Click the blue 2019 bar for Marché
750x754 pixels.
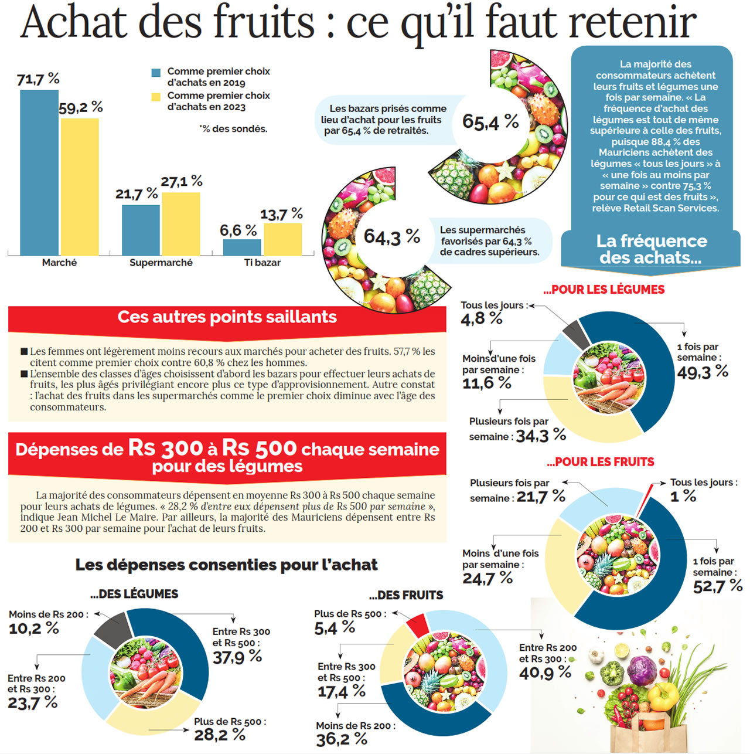39,172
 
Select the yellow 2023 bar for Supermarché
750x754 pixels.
181,223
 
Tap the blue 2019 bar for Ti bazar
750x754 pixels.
242,247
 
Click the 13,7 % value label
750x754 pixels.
281,214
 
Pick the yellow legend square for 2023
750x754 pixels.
156,97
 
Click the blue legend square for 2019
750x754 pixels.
156,73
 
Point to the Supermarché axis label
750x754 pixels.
161,263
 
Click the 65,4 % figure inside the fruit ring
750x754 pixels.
490,122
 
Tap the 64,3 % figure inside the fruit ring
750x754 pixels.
391,236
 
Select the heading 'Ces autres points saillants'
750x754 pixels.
227,317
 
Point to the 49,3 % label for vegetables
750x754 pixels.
702,372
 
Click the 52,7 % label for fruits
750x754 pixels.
717,586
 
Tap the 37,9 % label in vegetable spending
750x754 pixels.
237,657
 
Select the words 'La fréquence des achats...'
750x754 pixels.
651,249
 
